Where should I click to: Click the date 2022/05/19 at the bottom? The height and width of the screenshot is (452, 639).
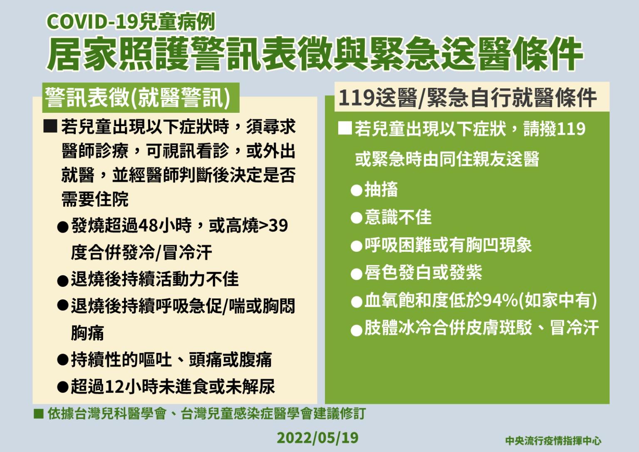pyautogui.click(x=317, y=438)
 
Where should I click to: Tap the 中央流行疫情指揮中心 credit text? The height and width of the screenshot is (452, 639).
pyautogui.click(x=553, y=441)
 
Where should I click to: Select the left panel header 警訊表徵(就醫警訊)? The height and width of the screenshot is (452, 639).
pyautogui.click(x=138, y=98)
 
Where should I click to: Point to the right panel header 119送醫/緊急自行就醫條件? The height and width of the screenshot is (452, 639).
pyautogui.click(x=468, y=98)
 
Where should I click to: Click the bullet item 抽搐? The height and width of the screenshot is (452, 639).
pyautogui.click(x=381, y=189)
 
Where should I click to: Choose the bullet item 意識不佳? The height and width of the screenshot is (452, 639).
pyautogui.click(x=398, y=217)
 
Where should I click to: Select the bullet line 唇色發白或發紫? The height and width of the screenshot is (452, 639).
pyautogui.click(x=423, y=273)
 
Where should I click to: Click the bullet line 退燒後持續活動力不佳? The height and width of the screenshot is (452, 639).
pyautogui.click(x=155, y=279)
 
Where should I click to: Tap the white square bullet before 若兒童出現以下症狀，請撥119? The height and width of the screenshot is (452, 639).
pyautogui.click(x=345, y=128)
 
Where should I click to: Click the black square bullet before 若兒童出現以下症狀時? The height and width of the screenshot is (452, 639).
pyautogui.click(x=50, y=126)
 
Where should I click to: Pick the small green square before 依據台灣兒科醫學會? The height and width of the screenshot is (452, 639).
pyautogui.click(x=38, y=413)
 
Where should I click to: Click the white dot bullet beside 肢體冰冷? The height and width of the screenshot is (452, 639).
pyautogui.click(x=356, y=331)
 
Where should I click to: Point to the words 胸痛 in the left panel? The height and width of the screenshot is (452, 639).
pyautogui.click(x=87, y=333)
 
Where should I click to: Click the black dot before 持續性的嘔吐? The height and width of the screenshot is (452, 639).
pyautogui.click(x=62, y=360)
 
